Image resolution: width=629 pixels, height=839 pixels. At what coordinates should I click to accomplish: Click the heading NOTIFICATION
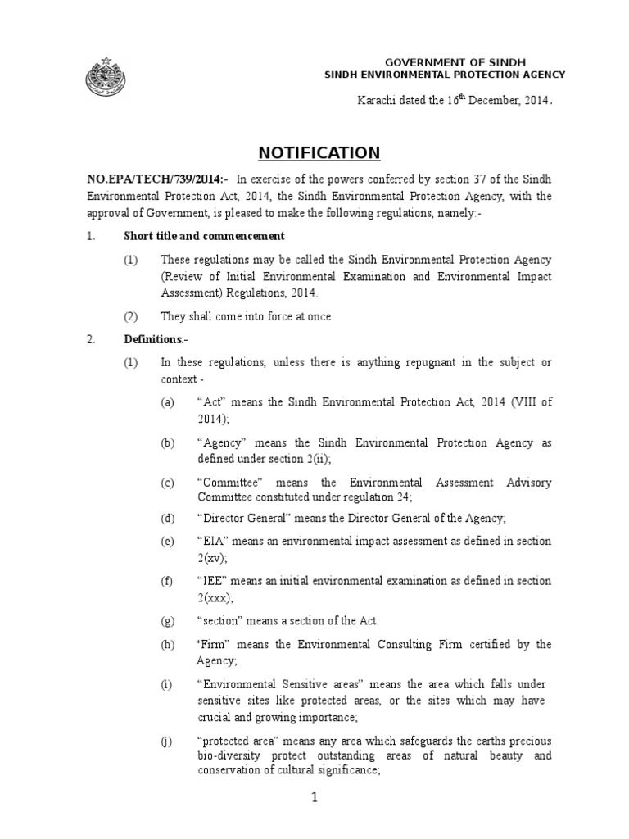coord(319,153)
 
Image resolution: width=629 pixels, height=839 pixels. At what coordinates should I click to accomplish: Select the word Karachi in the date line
coord(377,101)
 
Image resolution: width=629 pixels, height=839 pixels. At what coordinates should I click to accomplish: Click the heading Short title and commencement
coord(204,236)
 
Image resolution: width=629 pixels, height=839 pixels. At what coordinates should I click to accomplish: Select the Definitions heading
coord(153,339)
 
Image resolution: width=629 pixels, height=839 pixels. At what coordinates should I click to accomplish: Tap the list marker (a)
coord(168,403)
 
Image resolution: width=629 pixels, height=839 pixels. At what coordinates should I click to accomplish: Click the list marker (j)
coord(167,742)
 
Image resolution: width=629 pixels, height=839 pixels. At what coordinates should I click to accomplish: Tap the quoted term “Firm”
coord(212,645)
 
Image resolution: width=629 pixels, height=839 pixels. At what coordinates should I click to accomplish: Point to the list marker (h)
coord(168,645)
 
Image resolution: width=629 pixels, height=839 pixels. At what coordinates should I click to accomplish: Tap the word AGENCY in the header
coord(541,75)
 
